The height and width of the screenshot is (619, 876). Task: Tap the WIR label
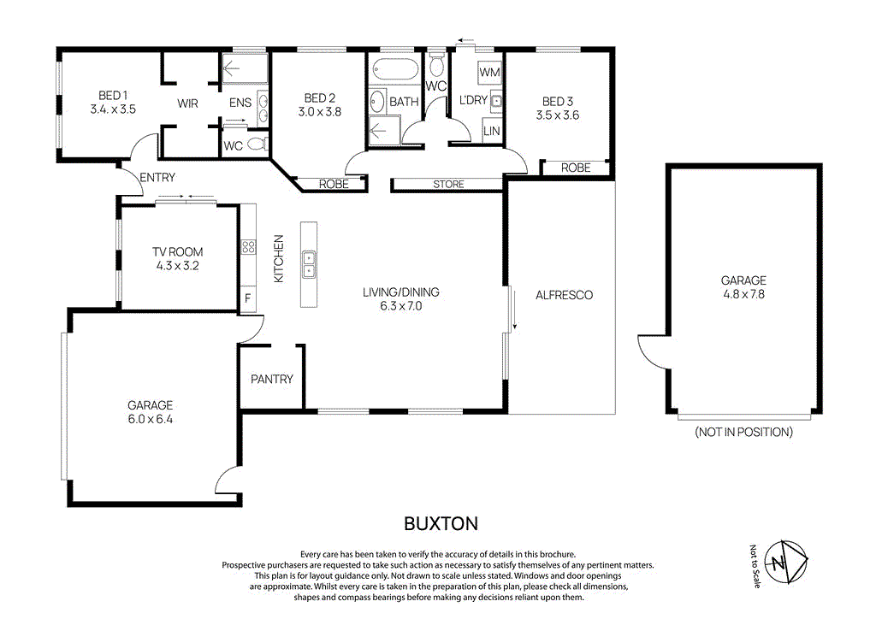point(188,103)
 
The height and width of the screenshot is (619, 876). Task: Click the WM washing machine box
point(489,73)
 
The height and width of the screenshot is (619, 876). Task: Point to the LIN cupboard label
point(492,131)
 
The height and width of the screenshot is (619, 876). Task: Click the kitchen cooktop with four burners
point(249,247)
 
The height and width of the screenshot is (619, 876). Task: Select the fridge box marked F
point(248,298)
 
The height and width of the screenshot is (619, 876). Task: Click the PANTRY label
point(272,379)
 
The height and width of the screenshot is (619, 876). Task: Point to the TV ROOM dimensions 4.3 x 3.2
point(178,266)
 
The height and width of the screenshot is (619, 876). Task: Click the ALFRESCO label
point(564,295)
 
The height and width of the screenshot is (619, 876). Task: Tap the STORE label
point(448,184)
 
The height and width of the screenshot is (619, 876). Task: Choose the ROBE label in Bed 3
point(576,168)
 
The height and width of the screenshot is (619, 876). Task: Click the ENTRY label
point(157,178)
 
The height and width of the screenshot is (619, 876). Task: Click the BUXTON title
point(441,522)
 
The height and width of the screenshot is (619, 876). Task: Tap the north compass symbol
point(786,563)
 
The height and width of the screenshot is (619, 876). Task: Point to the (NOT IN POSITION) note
point(743,432)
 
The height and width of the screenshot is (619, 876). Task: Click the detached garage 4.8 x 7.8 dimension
point(743,293)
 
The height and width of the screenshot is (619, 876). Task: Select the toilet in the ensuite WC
point(254,145)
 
